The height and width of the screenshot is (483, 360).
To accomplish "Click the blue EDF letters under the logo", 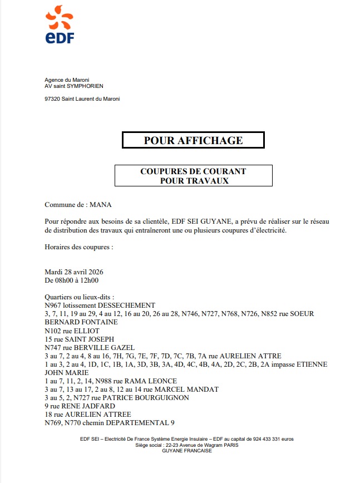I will coord(60,37).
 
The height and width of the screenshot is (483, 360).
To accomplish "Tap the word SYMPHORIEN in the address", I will coord(86,86).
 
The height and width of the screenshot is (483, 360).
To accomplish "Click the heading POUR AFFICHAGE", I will coord(193,140).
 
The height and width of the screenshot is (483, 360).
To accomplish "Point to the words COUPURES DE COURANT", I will coord(193,171).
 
